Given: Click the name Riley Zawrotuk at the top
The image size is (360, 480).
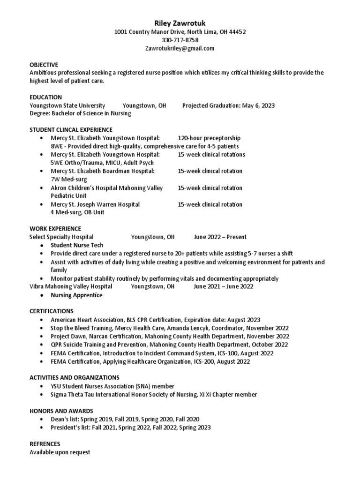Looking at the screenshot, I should click(180, 23).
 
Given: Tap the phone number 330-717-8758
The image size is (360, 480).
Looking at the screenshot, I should click(180, 40).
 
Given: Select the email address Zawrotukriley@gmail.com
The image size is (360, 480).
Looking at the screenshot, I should click(180, 48).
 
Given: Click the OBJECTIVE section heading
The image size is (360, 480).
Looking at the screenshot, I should click(44, 65).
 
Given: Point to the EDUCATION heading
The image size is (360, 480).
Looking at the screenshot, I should click(45, 97).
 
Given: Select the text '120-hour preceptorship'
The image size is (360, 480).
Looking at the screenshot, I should click(209, 138).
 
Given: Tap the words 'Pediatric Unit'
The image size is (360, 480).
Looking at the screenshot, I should click(69, 196).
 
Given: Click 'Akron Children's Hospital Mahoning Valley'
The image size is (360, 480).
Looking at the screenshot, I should click(107, 188).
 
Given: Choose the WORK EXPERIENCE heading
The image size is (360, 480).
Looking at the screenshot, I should click(55, 229).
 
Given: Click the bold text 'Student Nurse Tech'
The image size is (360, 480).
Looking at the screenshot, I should click(77, 245).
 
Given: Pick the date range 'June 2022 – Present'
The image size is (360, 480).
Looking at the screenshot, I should click(220, 237).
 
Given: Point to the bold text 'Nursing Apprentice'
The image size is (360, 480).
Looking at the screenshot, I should click(76, 295).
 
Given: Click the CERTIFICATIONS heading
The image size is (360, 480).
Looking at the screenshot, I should click(52, 311).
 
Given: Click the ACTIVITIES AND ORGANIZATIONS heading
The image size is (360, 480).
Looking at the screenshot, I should click(75, 377).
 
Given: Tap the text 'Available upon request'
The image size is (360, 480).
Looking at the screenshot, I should click(60, 452).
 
